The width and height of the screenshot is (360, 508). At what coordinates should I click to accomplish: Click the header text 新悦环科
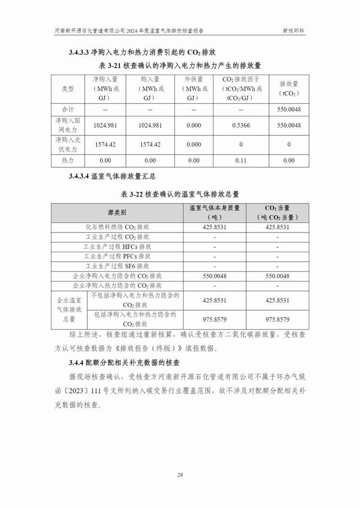[293, 31]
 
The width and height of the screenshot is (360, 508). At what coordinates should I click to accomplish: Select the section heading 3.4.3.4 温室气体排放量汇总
[112, 176]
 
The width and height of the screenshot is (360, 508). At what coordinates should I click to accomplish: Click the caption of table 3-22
[180, 194]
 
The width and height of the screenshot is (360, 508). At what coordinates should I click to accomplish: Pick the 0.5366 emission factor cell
[241, 125]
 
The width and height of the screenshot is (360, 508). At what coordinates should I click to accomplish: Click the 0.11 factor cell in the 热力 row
[241, 160]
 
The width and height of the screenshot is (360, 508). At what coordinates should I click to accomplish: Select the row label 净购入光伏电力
[67, 144]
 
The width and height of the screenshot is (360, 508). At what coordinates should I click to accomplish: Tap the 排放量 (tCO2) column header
[289, 89]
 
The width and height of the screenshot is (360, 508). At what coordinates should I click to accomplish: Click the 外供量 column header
[193, 89]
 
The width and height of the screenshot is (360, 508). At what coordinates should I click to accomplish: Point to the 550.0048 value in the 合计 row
[289, 110]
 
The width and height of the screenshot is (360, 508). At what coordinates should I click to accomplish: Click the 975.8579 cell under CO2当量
[277, 320]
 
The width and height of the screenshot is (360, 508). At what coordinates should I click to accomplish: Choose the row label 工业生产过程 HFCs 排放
[117, 247]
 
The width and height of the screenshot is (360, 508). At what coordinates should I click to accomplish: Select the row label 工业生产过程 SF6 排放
[117, 266]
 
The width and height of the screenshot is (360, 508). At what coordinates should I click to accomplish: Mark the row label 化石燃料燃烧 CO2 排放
[117, 227]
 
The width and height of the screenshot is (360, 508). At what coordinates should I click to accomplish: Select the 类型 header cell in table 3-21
[67, 89]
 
